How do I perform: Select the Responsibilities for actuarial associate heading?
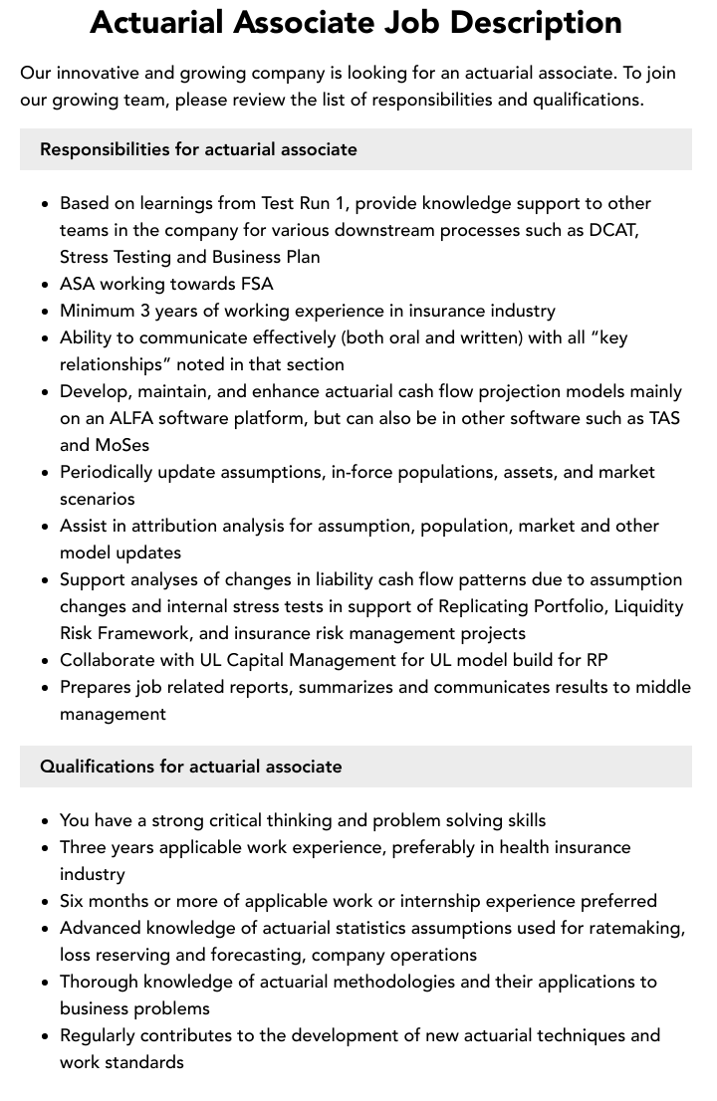tap(198, 149)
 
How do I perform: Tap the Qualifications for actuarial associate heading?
tap(190, 767)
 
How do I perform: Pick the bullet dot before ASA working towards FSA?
tap(45, 285)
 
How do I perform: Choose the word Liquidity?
tap(647, 606)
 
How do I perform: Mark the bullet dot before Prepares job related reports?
tap(45, 688)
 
